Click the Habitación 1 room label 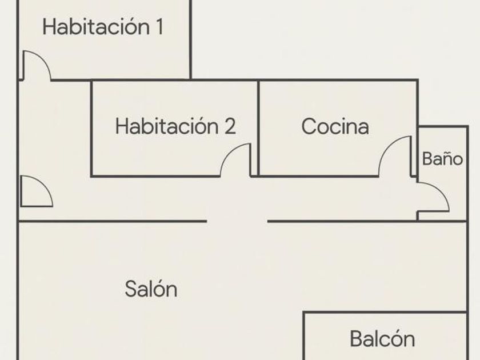[103, 27]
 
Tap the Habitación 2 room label [175, 126]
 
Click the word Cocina [335, 126]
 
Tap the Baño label [442, 158]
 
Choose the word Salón [151, 289]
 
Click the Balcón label [382, 339]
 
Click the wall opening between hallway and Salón [237, 221]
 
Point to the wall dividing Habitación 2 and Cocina [258, 127]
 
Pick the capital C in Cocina [309, 126]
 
